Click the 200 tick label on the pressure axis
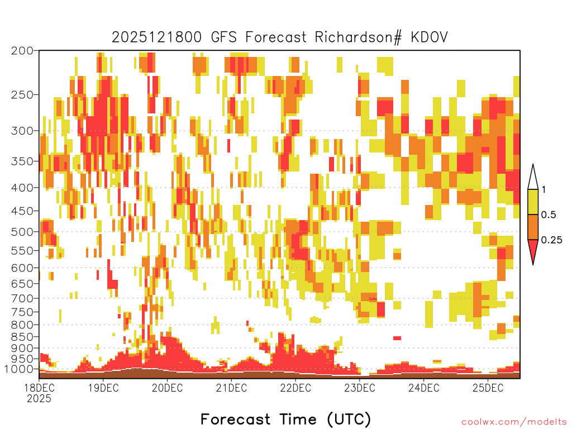(x=22, y=51)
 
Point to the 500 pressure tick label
(x=22, y=232)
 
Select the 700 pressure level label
(x=22, y=298)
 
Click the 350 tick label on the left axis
(x=22, y=161)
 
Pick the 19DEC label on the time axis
(x=103, y=388)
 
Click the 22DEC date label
(x=295, y=388)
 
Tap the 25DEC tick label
(x=488, y=388)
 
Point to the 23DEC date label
(x=360, y=388)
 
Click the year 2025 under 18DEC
(x=39, y=399)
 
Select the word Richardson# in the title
(x=358, y=37)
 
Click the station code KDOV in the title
(x=429, y=37)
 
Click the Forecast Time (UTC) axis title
(x=285, y=420)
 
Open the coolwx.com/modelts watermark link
(x=514, y=422)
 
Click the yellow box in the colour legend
(x=533, y=202)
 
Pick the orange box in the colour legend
(x=533, y=227)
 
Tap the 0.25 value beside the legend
(x=551, y=240)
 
